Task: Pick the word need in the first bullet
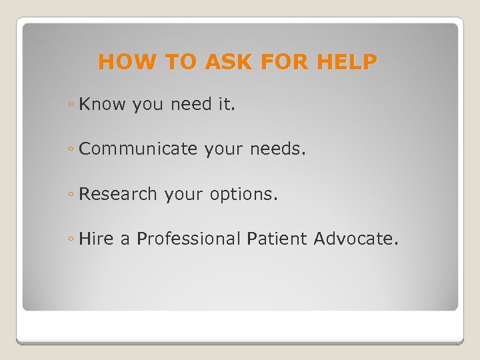[x=194, y=104]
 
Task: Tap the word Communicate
[x=138, y=149]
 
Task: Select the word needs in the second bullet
[x=277, y=149]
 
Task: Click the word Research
[x=117, y=194]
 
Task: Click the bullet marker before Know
[x=71, y=105]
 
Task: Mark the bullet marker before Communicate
[x=71, y=151]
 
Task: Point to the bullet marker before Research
[x=71, y=195]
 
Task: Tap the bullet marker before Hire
[x=71, y=240]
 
